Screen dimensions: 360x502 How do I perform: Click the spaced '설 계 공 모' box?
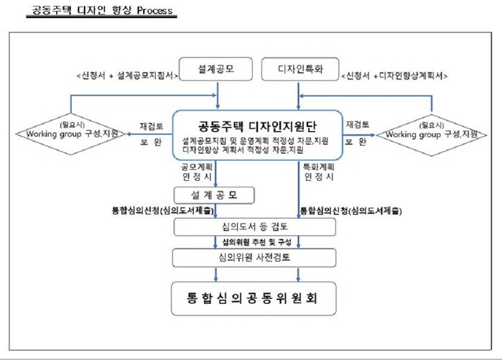point(215,195)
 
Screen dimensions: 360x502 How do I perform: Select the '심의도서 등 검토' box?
point(255,227)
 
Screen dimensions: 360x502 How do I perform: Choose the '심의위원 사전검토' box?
point(255,257)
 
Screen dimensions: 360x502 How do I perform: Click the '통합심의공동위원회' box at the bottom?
point(255,297)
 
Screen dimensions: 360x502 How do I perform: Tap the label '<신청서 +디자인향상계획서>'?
point(395,75)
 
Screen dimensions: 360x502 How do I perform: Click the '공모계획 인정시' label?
point(194,172)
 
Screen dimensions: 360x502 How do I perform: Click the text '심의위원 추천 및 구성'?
point(255,242)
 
